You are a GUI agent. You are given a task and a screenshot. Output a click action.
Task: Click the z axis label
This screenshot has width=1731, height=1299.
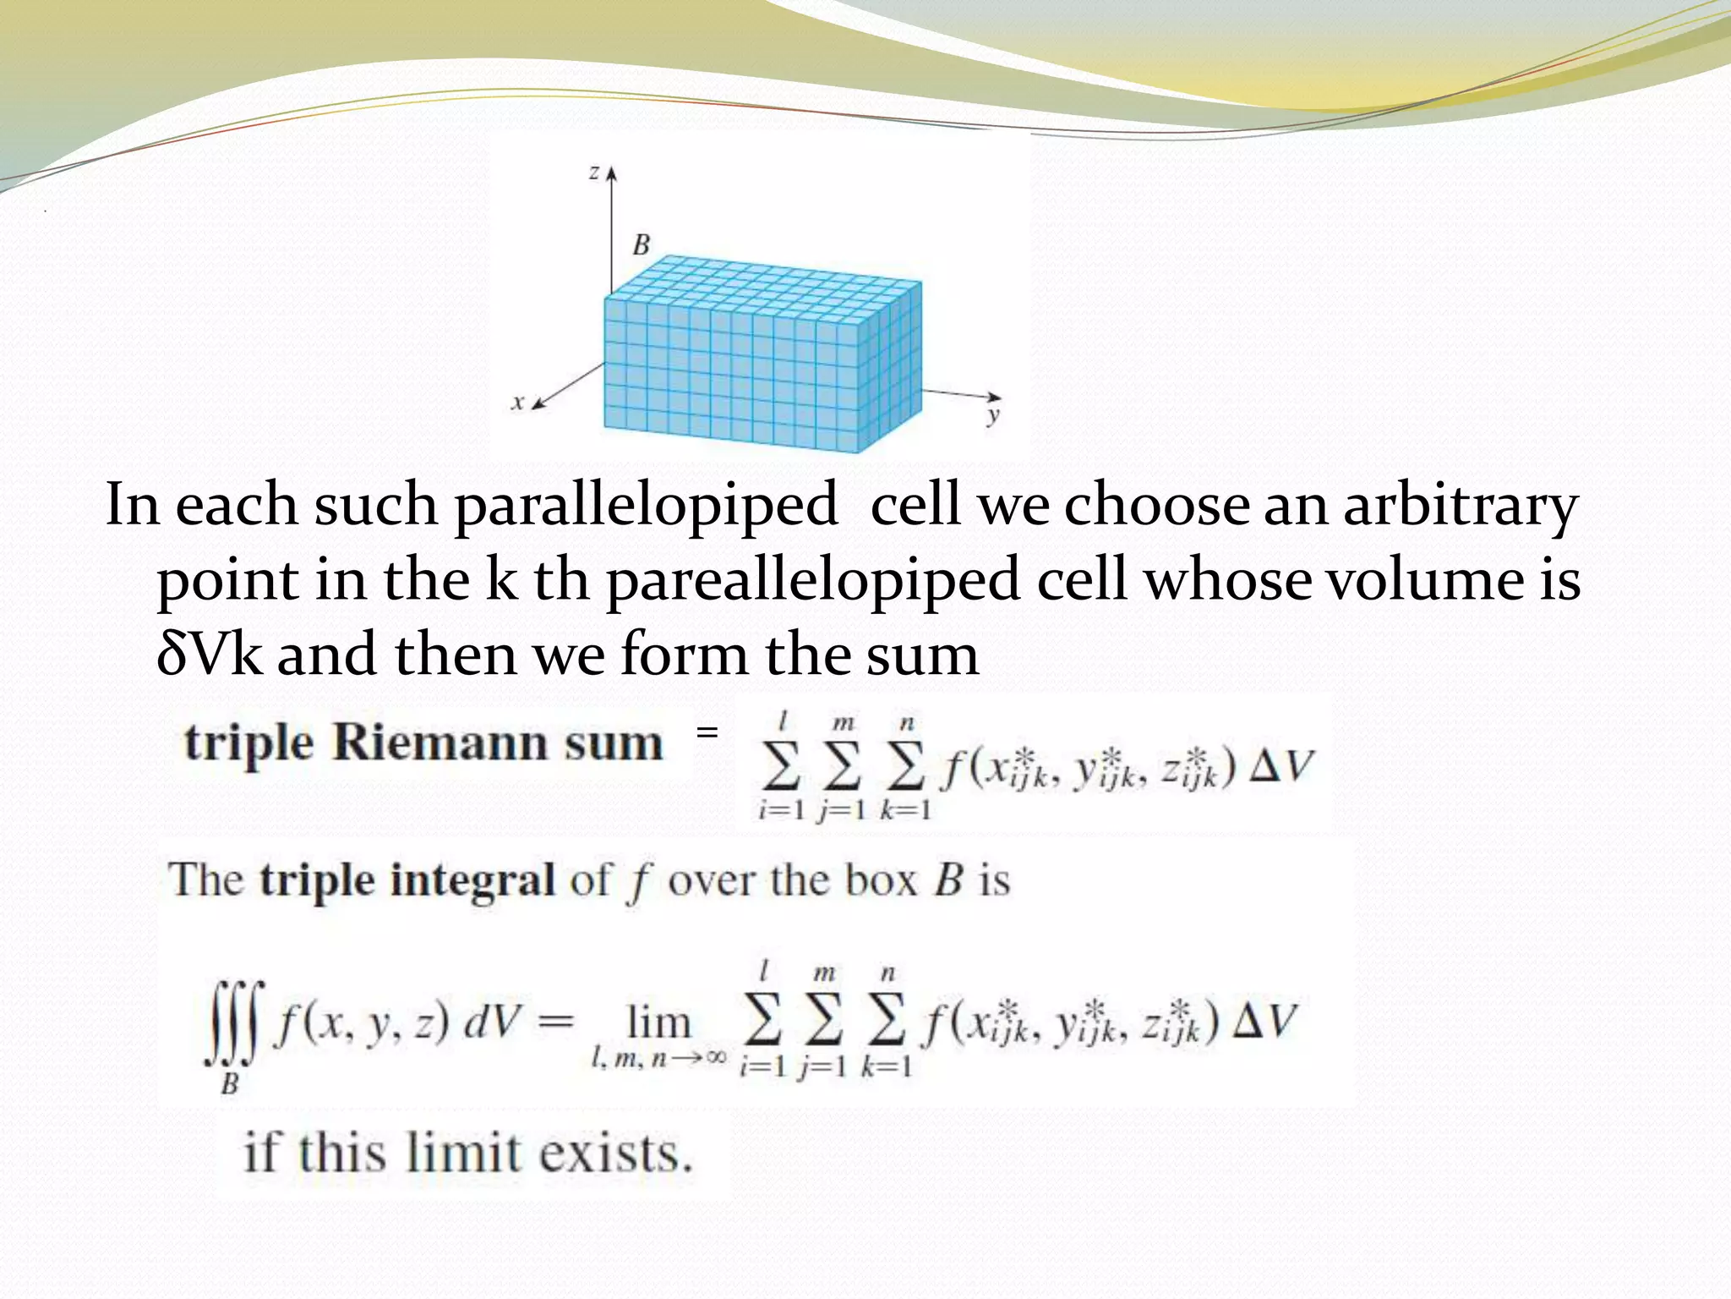pyautogui.click(x=594, y=173)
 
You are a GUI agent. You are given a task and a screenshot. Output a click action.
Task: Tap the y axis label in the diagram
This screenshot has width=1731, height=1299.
pyautogui.click(x=993, y=415)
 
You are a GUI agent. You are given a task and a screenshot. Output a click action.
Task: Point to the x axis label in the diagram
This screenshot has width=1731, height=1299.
pyautogui.click(x=518, y=403)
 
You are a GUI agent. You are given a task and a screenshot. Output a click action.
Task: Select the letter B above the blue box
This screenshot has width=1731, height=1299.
pyautogui.click(x=642, y=245)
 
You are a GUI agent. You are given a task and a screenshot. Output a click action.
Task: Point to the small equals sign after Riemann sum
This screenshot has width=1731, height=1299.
pyautogui.click(x=707, y=732)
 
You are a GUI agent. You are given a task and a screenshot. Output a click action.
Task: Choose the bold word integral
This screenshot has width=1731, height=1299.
pyautogui.click(x=473, y=880)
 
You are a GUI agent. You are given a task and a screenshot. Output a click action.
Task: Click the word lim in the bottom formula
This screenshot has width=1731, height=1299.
pyautogui.click(x=658, y=1022)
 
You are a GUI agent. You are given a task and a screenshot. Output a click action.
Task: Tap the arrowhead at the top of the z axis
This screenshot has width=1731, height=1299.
pyautogui.click(x=612, y=172)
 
